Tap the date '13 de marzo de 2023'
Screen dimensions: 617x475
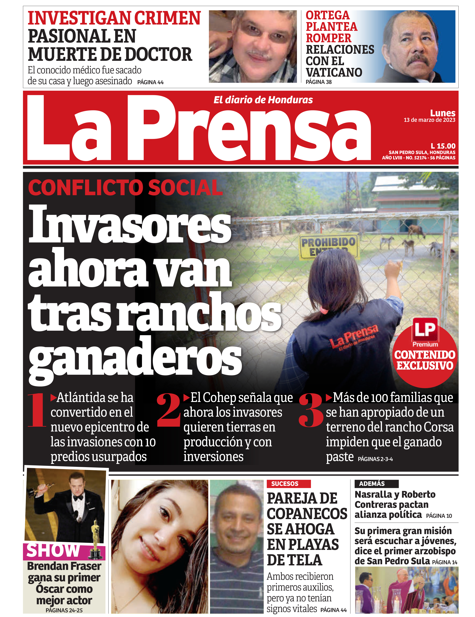click(429, 120)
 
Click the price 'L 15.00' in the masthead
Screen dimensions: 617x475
click(443, 146)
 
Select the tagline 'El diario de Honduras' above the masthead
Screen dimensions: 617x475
click(263, 100)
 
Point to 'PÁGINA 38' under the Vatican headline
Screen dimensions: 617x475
click(318, 82)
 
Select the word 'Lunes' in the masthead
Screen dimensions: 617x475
click(443, 113)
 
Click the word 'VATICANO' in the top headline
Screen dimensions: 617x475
click(334, 72)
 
